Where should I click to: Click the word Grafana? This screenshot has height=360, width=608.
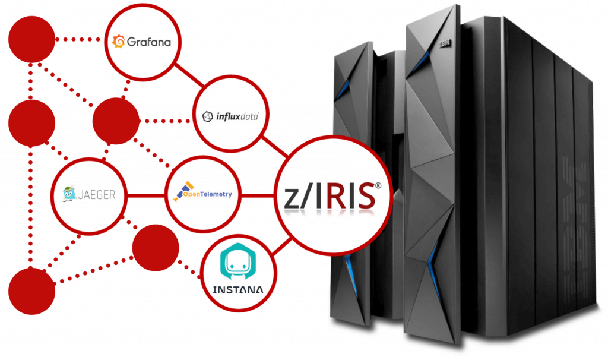(149, 42)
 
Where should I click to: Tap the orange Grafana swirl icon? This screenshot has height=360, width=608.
(119, 41)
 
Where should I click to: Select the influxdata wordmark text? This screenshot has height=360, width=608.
(237, 116)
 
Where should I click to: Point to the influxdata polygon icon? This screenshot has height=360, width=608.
(208, 116)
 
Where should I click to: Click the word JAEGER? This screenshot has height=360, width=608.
(97, 194)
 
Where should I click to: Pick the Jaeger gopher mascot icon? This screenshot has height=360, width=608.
(69, 194)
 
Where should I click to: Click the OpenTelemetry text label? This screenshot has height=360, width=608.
(207, 194)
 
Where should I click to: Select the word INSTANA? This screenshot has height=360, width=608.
(238, 290)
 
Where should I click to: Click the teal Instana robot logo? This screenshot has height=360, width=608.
(238, 262)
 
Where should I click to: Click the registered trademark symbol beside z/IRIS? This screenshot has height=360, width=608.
(378, 185)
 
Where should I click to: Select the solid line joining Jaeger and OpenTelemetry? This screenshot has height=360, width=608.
(146, 195)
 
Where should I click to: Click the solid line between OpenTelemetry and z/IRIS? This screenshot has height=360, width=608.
(258, 195)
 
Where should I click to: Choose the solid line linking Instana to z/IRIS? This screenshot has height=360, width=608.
(281, 247)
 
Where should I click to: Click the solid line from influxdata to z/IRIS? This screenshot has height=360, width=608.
(275, 147)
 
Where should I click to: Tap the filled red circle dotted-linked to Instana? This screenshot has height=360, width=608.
(156, 248)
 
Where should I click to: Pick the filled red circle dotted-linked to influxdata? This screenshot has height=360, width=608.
(116, 121)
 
